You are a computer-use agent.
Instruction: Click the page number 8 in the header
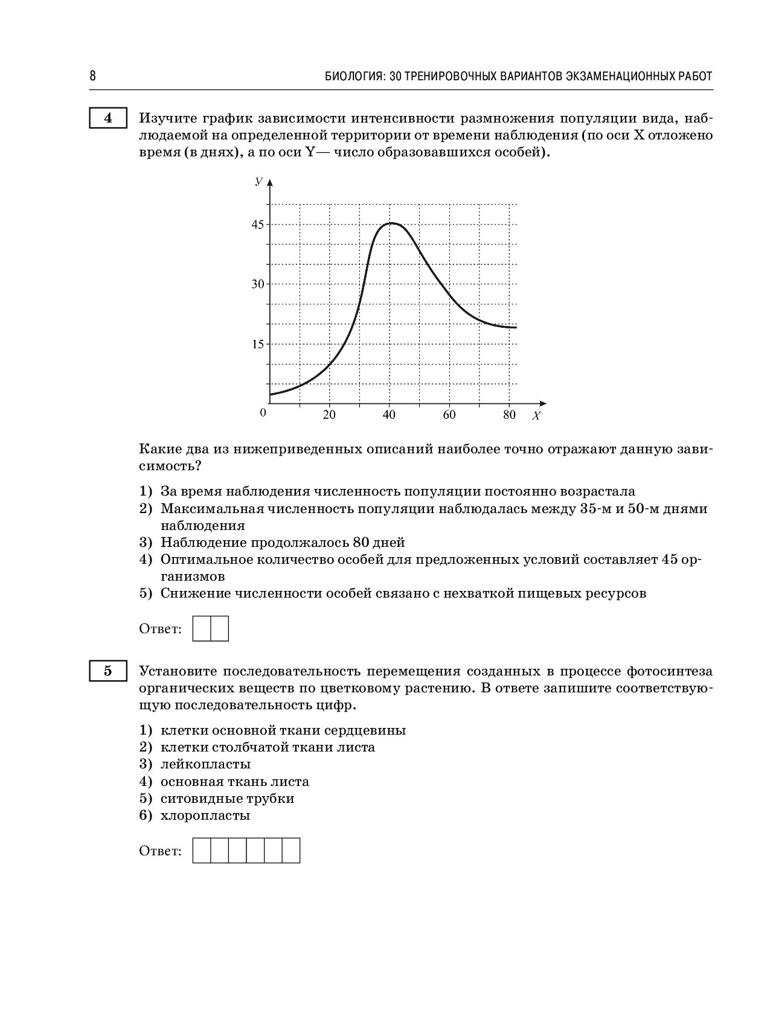(92, 76)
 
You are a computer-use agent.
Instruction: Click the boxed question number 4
(108, 118)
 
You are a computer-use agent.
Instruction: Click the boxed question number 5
(108, 671)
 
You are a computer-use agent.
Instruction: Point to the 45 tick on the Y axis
(258, 225)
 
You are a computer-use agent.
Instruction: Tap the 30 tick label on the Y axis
(258, 284)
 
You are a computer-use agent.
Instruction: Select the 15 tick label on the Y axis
(258, 344)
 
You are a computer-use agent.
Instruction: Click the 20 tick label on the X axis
(329, 415)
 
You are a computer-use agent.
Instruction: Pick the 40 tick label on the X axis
(389, 415)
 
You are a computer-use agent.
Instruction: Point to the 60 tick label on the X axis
(449, 415)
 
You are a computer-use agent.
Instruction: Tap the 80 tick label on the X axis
(509, 415)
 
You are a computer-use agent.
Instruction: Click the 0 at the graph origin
(263, 413)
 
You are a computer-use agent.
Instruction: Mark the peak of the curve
(391, 223)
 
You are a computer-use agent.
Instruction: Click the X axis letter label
(536, 416)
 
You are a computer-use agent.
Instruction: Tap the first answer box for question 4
(202, 628)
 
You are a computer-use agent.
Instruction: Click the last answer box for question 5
(291, 850)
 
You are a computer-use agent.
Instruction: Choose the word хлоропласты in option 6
(205, 816)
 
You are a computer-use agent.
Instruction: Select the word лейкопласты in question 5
(205, 764)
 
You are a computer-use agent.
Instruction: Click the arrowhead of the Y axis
(270, 182)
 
